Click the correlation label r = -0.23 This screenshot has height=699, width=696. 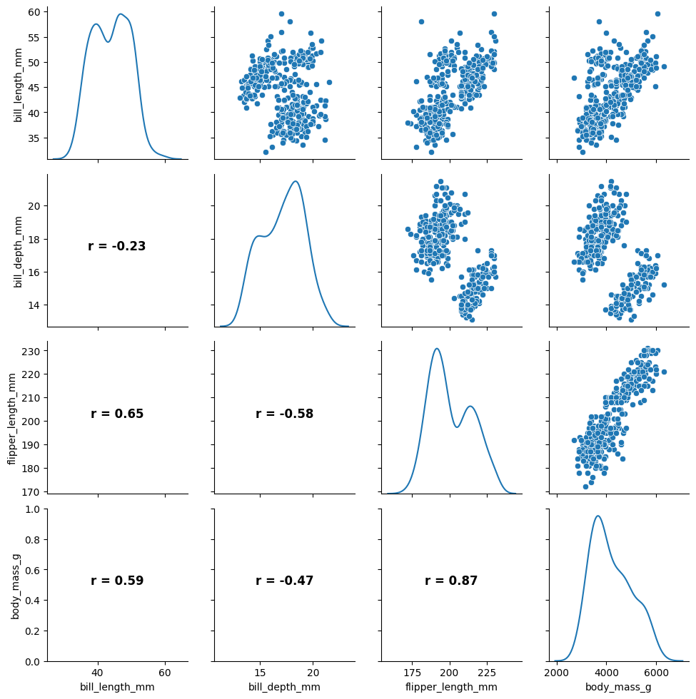[117, 246]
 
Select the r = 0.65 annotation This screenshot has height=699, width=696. [117, 414]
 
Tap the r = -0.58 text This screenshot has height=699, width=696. [284, 414]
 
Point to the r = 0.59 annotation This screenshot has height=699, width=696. [117, 581]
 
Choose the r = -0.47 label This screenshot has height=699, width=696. [284, 581]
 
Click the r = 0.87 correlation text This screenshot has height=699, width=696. [451, 581]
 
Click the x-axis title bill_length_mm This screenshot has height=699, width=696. [117, 687]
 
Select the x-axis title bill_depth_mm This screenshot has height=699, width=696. [284, 687]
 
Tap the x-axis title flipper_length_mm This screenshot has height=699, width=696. [451, 687]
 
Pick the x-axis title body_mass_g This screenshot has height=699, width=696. [618, 687]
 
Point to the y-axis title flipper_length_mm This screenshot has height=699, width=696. [13, 417]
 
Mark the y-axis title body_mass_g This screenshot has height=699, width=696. [16, 585]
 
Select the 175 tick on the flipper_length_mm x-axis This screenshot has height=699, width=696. [412, 673]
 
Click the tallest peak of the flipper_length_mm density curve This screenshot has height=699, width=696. [436, 348]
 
